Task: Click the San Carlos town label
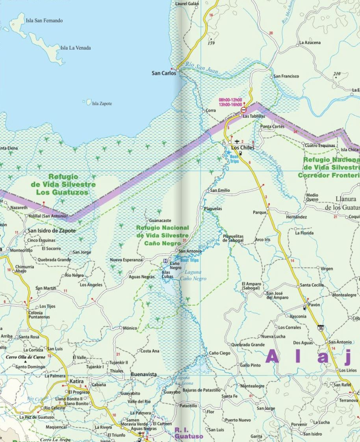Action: click(163, 73)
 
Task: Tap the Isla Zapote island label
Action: click(102, 104)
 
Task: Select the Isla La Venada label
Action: click(75, 48)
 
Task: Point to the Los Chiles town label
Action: click(243, 148)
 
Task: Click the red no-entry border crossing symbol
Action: click(244, 110)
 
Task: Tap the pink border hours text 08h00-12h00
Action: click(230, 100)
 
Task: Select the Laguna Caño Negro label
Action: click(193, 275)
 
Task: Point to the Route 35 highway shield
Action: click(321, 327)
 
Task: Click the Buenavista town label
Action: click(143, 374)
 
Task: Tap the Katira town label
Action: click(76, 382)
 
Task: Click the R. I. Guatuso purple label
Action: click(189, 433)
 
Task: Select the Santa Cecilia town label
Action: click(312, 285)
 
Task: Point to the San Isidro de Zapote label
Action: click(51, 231)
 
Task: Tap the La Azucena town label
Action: click(310, 43)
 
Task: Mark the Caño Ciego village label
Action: click(219, 353)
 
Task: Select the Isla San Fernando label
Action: click(44, 20)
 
